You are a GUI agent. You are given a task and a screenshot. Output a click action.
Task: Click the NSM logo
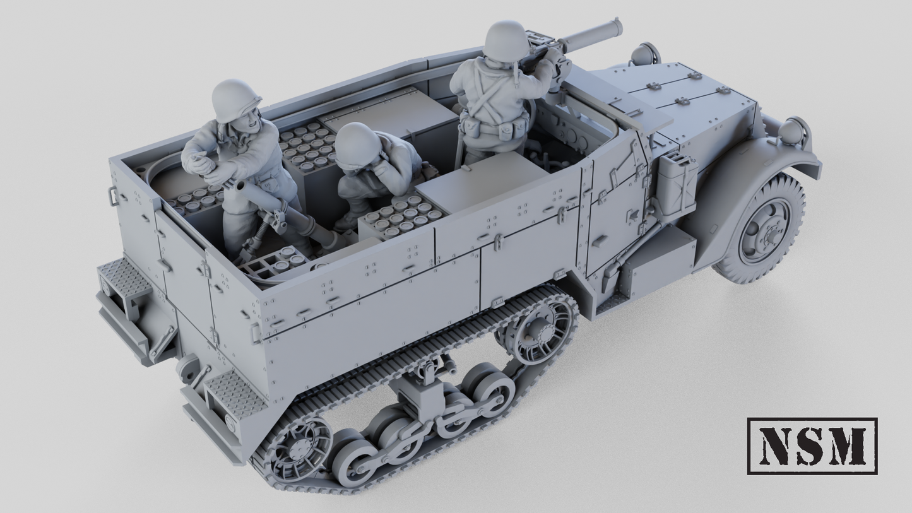812,445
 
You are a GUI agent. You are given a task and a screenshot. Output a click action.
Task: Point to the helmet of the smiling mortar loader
235,100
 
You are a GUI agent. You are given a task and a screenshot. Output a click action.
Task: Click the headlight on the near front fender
793,131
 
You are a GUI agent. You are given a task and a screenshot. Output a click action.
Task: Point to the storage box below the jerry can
660,259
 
